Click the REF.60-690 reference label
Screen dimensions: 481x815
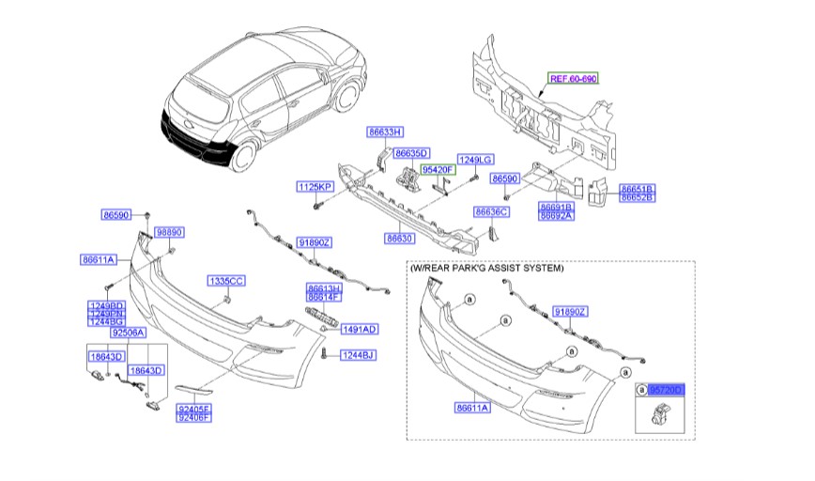point(573,79)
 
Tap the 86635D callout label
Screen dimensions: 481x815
point(410,153)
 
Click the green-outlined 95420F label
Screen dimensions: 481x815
point(438,169)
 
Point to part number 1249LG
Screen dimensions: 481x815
point(475,159)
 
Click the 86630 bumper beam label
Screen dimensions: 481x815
point(399,239)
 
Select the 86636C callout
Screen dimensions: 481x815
point(490,212)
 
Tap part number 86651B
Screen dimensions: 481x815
point(637,190)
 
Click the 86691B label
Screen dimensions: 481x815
point(556,206)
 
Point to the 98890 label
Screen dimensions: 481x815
point(169,231)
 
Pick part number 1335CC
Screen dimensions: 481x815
point(226,281)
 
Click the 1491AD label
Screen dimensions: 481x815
point(359,329)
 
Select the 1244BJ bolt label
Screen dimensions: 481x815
point(357,354)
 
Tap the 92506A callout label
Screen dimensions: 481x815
point(128,333)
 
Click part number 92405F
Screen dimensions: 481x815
point(194,409)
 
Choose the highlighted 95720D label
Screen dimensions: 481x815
point(667,388)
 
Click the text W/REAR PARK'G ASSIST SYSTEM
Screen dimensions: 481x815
point(487,268)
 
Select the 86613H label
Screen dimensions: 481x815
point(324,287)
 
